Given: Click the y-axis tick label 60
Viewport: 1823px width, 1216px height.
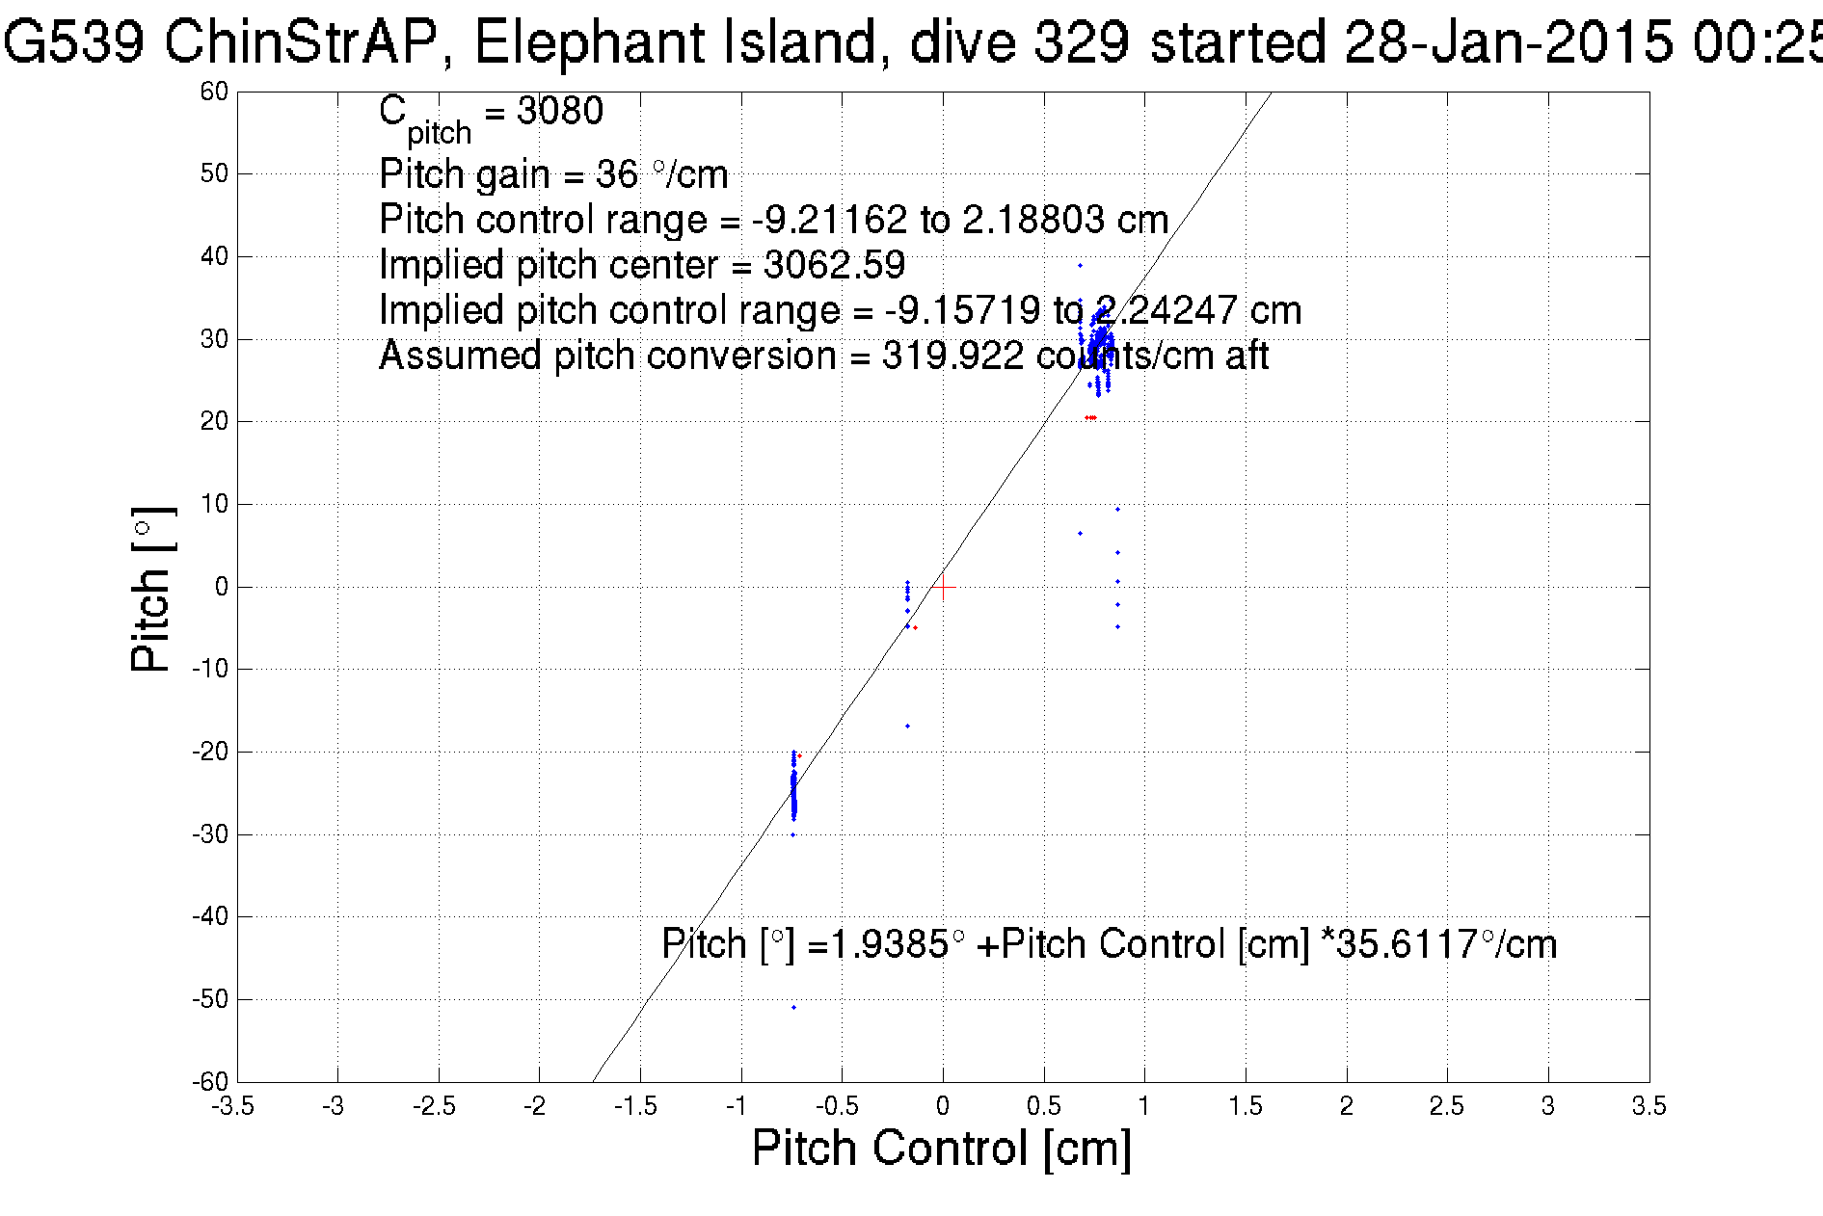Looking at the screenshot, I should (x=214, y=92).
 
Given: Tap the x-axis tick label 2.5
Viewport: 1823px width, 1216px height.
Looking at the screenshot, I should (x=1447, y=1105).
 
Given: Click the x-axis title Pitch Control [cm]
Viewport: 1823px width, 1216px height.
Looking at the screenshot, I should (x=941, y=1149).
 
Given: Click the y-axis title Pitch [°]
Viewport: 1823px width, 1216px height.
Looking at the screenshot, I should (x=152, y=588).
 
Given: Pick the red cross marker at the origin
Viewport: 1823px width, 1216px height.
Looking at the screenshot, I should (x=943, y=587).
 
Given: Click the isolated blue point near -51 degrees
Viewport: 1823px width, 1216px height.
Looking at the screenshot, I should (x=793, y=1007).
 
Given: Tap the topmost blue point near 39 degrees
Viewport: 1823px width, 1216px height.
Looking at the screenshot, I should (x=1080, y=265).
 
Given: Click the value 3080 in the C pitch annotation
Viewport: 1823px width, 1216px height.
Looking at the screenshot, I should (x=560, y=111).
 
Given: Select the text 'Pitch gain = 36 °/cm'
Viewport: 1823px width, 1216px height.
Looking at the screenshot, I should (x=553, y=174).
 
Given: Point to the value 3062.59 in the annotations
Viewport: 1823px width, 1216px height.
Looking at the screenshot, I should (x=834, y=265).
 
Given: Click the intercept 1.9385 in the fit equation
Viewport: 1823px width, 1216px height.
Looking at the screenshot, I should (x=889, y=943).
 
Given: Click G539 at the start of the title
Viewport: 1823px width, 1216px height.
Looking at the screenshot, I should (x=73, y=43).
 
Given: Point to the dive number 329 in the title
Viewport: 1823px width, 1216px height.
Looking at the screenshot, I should (x=1081, y=43).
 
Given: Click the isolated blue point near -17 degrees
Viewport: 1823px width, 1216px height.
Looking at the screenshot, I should (x=907, y=726).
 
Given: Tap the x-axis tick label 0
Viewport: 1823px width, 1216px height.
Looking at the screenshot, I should (x=943, y=1105).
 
